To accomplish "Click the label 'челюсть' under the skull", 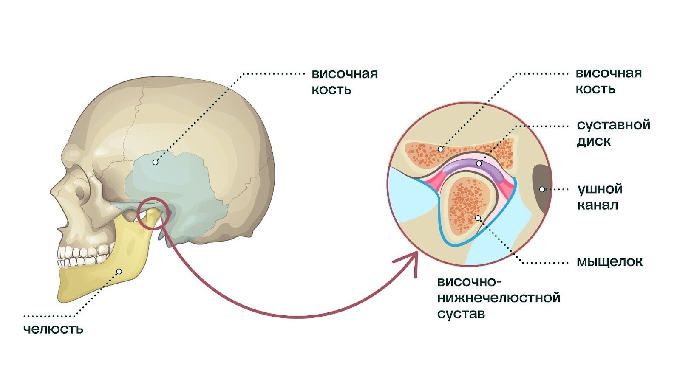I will [x=53, y=329].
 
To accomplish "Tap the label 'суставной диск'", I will [x=613, y=133].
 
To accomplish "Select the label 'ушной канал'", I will [x=599, y=197].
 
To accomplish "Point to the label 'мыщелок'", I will [x=609, y=262].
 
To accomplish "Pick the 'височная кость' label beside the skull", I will [x=344, y=81].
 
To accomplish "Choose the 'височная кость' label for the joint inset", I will [x=608, y=81].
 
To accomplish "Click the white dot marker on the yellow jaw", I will [x=119, y=271].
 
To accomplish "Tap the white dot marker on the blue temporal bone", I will [x=155, y=162].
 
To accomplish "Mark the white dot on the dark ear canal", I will [x=542, y=189].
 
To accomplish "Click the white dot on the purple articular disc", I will [x=479, y=163].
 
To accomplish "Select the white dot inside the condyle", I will [x=478, y=218].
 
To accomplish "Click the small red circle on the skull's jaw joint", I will [x=151, y=214].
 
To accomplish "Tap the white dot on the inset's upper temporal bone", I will [x=441, y=149].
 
